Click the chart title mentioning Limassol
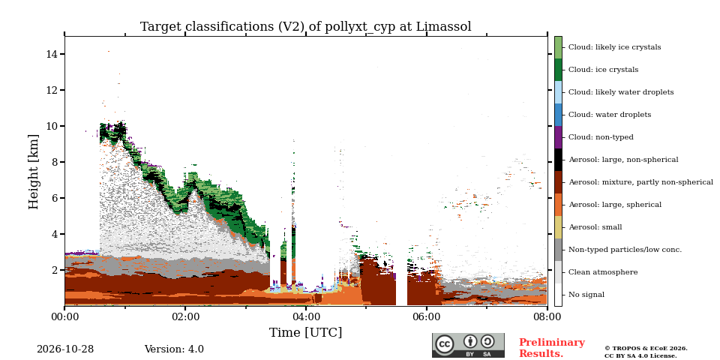(306, 27)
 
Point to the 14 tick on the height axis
(62, 54)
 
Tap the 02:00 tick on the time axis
(185, 308)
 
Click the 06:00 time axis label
(427, 317)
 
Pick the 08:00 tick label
(547, 317)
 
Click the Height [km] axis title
(34, 172)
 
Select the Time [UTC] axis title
(306, 332)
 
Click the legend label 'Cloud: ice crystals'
(603, 70)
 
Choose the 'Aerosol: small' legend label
(595, 227)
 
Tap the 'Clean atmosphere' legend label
(603, 272)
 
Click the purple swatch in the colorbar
(558, 137)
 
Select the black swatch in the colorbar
(558, 160)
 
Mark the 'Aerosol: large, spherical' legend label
(615, 205)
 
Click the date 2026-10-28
(65, 349)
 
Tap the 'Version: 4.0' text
(174, 349)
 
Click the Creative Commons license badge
(468, 345)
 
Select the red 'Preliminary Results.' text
(552, 348)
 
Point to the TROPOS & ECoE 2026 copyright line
(646, 349)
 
